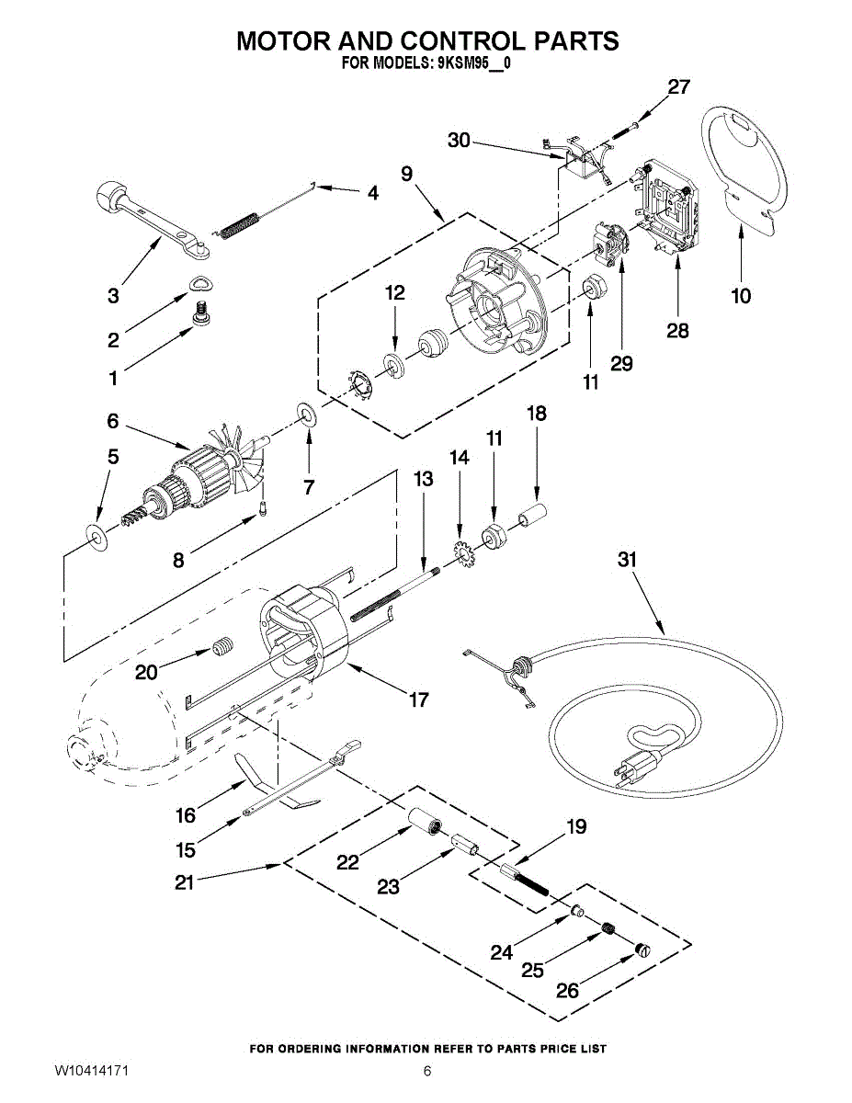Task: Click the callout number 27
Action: (x=678, y=87)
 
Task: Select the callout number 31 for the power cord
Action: (x=627, y=560)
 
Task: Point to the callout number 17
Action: (x=418, y=700)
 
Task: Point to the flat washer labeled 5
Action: (x=96, y=533)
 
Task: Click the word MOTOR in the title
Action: (x=285, y=41)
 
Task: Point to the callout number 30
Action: (x=459, y=140)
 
